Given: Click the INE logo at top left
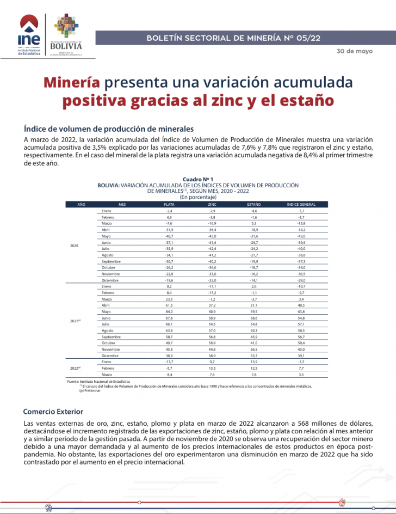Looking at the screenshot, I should tap(29, 35).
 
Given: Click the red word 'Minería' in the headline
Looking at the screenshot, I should tap(71, 82).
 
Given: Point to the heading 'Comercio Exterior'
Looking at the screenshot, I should tap(54, 411).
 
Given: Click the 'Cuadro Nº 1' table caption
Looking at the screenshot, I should tap(198, 179).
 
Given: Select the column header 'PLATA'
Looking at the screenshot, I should tap(169, 204).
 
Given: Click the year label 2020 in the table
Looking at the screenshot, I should tap(75, 246).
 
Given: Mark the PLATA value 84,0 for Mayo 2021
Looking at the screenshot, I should tap(169, 312).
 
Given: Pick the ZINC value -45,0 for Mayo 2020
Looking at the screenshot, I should tap(212, 236).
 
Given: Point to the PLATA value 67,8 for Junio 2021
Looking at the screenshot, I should tap(169, 318).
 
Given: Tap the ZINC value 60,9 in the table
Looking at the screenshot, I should tap(212, 312).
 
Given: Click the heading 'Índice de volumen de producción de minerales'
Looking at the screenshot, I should tap(109, 129).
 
